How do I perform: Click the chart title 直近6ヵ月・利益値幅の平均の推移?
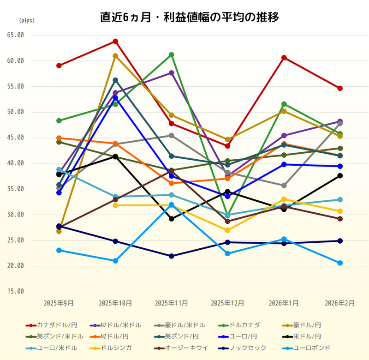pyautogui.click(x=189, y=18)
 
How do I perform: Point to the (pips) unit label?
pyautogui.click(x=26, y=21)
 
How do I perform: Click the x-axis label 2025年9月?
pyautogui.click(x=59, y=303)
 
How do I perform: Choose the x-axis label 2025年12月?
pyautogui.click(x=227, y=303)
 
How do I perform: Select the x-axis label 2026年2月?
pyautogui.click(x=340, y=303)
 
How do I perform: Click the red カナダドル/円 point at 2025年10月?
pyautogui.click(x=115, y=42)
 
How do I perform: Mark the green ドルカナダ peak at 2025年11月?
pyautogui.click(x=172, y=55)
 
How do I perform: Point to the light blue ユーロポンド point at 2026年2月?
pyautogui.click(x=340, y=263)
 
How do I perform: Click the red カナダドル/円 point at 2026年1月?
pyautogui.click(x=284, y=58)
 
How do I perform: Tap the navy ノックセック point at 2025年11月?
pyautogui.click(x=172, y=256)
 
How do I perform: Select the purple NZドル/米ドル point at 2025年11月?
pyautogui.click(x=172, y=73)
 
